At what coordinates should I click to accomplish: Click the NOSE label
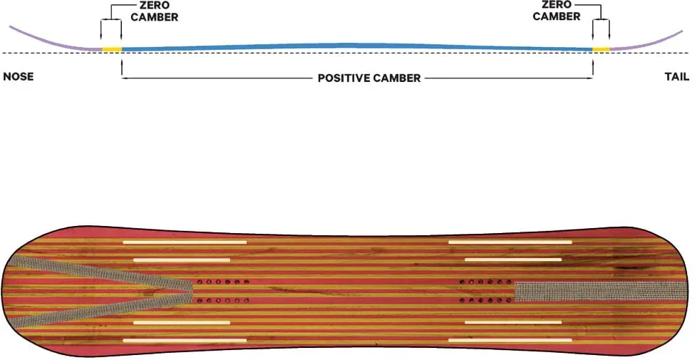(x=19, y=76)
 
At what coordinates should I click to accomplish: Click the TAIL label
(x=677, y=76)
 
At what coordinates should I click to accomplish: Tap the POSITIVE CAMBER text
(x=369, y=78)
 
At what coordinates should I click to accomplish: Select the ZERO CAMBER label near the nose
(x=154, y=11)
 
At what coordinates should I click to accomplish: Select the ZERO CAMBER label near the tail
(x=557, y=11)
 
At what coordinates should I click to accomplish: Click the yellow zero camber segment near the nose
(x=112, y=49)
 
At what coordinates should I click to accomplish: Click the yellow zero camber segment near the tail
(x=601, y=49)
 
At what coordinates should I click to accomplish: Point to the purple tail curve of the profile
(x=647, y=43)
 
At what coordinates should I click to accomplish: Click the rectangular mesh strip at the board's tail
(x=601, y=291)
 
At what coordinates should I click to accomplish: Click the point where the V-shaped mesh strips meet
(x=192, y=291)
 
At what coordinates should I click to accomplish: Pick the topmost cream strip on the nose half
(x=185, y=242)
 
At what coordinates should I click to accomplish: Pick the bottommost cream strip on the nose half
(x=185, y=341)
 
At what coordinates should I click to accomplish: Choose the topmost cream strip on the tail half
(x=510, y=242)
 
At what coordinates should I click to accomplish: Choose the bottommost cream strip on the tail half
(x=510, y=341)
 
